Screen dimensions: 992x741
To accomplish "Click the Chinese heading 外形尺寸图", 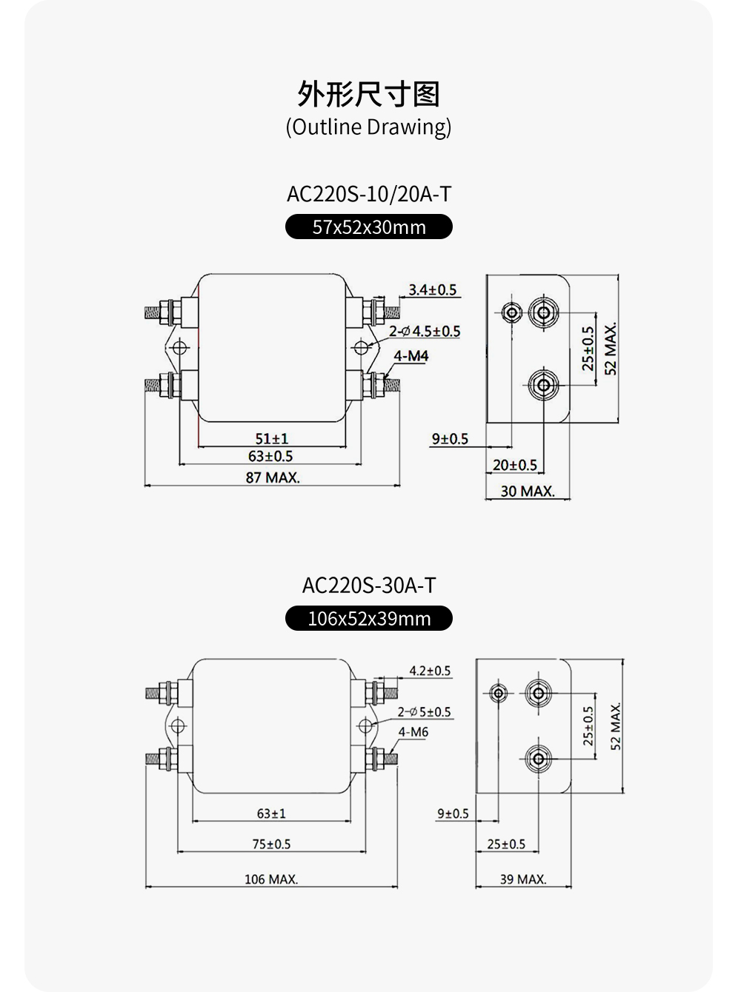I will coord(369,94).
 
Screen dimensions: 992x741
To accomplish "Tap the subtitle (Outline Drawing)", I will coord(369,127).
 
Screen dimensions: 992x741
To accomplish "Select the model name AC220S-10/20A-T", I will coord(369,194).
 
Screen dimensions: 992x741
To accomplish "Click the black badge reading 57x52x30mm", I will coord(369,227).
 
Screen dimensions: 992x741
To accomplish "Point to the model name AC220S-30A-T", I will coord(369,586).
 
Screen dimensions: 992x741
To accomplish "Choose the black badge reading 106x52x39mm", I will coord(369,619).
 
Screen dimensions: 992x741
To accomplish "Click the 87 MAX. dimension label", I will coord(273,477).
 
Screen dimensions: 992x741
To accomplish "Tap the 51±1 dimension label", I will coord(271,439).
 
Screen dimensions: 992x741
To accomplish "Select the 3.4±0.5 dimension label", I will coord(433,289).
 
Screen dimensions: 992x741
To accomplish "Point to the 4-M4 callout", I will coord(411,356).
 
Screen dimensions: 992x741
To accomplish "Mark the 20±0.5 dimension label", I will coord(515,465).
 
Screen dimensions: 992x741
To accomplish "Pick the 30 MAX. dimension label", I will coord(528,491).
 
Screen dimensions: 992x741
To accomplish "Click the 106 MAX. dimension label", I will coord(271,879).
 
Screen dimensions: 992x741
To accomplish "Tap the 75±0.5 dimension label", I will coord(271,844).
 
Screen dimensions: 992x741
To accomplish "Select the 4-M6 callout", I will coord(413,732).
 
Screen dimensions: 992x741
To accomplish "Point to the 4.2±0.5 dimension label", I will coord(430,671).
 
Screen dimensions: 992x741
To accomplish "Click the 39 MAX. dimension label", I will coord(523,879).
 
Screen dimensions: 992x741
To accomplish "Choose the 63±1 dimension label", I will coord(271,814).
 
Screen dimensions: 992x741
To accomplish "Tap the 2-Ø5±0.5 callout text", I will coord(424,712).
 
